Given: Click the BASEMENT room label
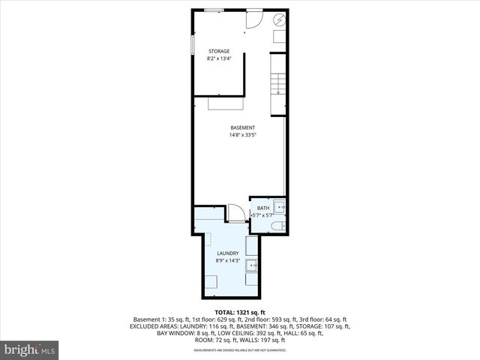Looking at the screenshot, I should tap(241, 127).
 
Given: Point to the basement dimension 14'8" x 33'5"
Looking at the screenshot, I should tap(241, 135).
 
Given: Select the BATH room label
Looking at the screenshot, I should tap(262, 208).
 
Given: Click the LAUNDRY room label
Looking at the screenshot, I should tap(227, 253).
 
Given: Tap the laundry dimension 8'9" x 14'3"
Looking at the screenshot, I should tap(227, 261).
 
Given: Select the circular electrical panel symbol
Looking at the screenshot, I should tap(279, 20).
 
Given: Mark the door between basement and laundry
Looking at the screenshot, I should tap(237, 213).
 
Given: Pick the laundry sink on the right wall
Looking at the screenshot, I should tap(252, 264).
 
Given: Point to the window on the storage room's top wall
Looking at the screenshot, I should tap(214, 10).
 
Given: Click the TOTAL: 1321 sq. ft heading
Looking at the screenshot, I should tap(240, 311).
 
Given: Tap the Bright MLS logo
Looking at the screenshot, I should tap(30, 349).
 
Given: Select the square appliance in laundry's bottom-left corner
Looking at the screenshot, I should tap(211, 283).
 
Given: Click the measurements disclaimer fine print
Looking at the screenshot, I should tap(240, 350).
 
